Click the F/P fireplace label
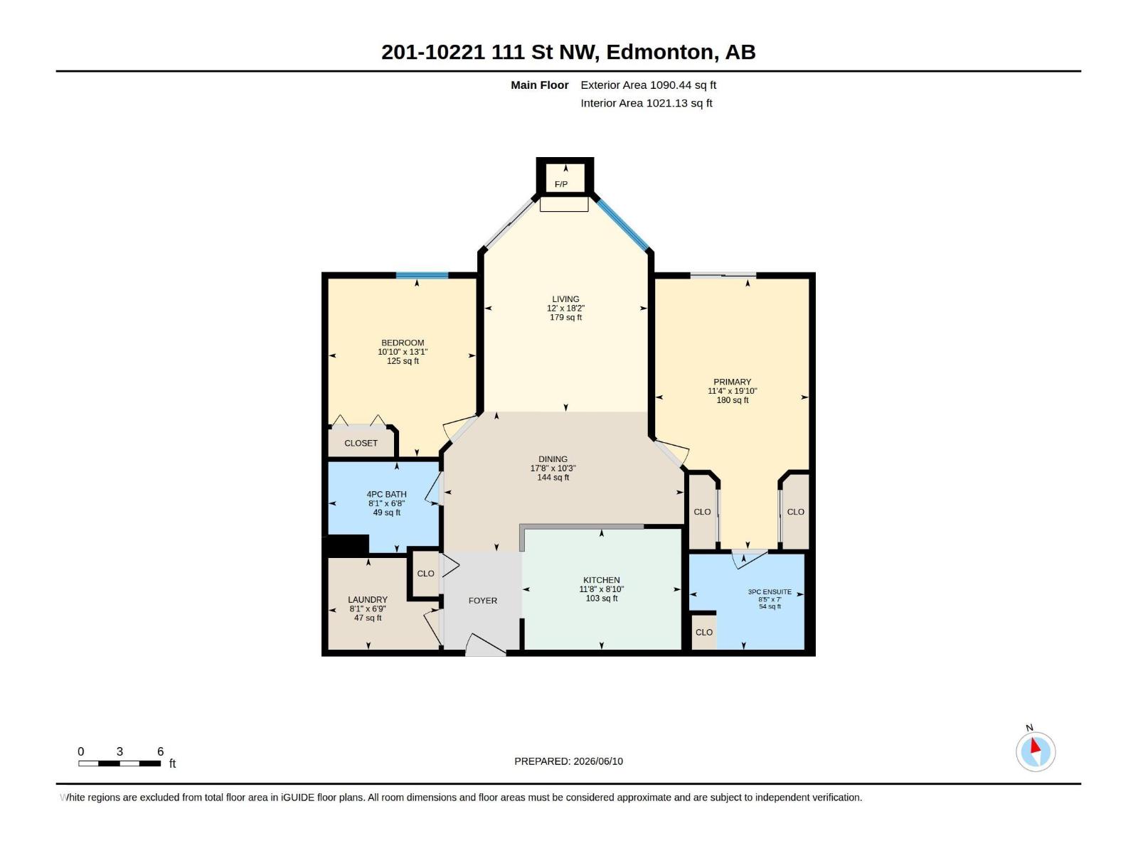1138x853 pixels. [x=561, y=184]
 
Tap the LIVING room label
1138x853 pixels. [x=565, y=299]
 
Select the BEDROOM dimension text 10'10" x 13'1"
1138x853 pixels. [x=403, y=352]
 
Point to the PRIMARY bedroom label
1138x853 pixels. [x=732, y=382]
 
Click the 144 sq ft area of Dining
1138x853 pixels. [x=553, y=478]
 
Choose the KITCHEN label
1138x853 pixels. [x=602, y=580]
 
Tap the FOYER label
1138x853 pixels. [x=483, y=601]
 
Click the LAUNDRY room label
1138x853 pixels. [x=368, y=600]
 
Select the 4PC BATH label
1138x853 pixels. [x=387, y=495]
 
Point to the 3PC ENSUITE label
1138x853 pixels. [x=770, y=592]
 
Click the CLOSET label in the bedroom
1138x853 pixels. [x=361, y=444]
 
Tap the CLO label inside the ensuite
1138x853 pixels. [x=704, y=633]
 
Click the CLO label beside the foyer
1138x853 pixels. [x=425, y=574]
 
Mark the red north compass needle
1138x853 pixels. [x=1035, y=746]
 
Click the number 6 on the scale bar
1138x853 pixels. [x=161, y=751]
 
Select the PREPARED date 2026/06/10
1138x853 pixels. [x=598, y=761]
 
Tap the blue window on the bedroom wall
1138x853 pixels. [x=422, y=276]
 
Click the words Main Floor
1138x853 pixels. [x=540, y=85]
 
